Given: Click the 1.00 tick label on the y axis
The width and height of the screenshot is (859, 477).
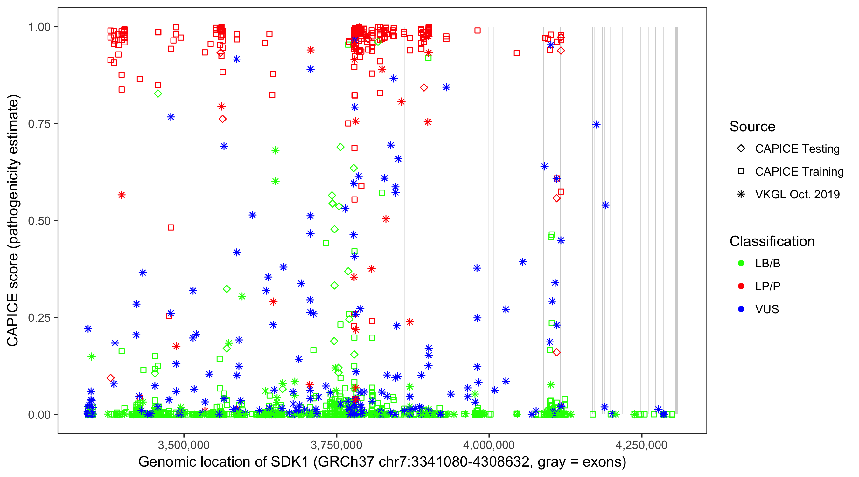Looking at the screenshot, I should (x=39, y=27).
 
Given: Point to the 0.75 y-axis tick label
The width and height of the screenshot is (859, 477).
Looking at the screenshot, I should (x=39, y=124).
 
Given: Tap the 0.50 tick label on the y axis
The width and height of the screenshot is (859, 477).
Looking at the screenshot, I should (x=39, y=221).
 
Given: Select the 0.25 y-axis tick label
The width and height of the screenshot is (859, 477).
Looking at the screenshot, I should (x=39, y=318).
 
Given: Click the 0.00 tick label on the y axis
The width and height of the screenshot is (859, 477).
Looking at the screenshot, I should (x=39, y=415).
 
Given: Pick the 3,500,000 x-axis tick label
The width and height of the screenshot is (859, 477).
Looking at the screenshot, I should (x=184, y=445).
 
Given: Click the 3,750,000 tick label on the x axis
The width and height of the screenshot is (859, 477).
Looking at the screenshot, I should (x=337, y=445).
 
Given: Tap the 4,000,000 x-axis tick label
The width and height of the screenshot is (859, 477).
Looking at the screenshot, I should (x=489, y=445).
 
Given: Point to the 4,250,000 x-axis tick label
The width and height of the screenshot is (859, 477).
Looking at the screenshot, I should (x=642, y=445).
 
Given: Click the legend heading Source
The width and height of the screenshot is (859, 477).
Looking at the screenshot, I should (x=752, y=127).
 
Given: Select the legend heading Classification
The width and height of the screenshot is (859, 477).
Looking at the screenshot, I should (x=772, y=241).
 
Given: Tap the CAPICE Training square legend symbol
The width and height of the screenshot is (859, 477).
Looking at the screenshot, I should (x=741, y=172).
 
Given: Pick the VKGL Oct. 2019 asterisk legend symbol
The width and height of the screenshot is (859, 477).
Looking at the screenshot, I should (x=741, y=194).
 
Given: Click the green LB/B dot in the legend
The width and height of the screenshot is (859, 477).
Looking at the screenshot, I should (x=741, y=263).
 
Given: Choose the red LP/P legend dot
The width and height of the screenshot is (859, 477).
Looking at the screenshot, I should (x=741, y=286).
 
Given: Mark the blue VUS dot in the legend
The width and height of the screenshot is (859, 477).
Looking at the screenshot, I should (x=741, y=309).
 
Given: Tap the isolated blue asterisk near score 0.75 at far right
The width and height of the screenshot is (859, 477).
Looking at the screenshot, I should (x=596, y=125).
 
